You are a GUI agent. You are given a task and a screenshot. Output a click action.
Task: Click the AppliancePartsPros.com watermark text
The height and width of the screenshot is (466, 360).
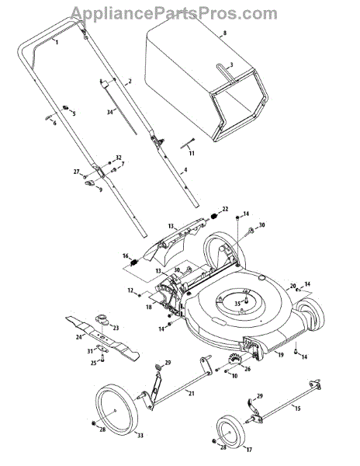pos(174,13)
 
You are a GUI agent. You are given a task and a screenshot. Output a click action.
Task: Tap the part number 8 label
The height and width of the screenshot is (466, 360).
pos(224,33)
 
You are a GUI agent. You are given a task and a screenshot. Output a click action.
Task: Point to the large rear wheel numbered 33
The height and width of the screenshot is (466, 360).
pos(117,412)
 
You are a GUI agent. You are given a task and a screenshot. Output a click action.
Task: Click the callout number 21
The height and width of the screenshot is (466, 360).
pos(192,393)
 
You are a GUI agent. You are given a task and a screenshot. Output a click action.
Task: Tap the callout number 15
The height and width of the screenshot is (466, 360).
pos(297,408)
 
